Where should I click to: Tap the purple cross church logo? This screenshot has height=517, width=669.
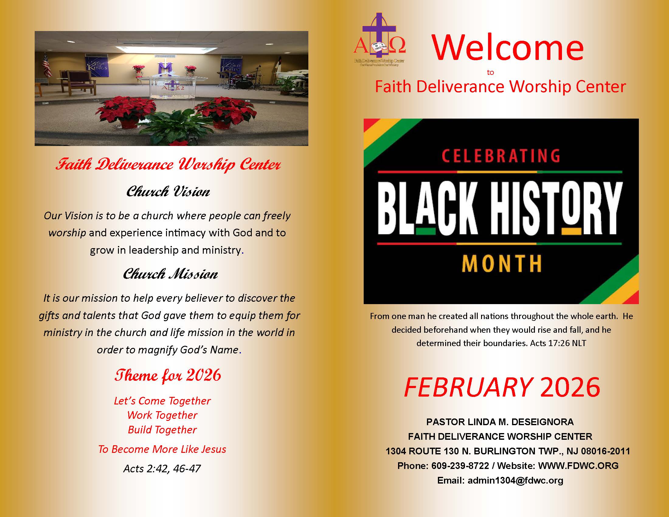coord(379,38)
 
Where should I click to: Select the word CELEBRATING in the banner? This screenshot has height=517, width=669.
coord(501,156)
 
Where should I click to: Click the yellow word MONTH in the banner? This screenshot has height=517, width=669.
coord(501,264)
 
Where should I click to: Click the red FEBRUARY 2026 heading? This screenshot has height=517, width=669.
coord(502,387)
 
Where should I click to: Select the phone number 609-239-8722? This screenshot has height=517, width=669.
coord(460,466)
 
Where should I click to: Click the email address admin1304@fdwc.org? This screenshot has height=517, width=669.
coord(515,480)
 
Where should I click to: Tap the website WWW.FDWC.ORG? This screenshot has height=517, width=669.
coord(578,466)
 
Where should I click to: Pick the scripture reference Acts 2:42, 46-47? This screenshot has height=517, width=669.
coord(162,469)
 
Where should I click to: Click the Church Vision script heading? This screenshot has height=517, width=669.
coord(168,192)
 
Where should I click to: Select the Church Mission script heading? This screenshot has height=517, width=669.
coord(170,274)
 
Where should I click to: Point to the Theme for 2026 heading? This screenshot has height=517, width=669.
coord(168,376)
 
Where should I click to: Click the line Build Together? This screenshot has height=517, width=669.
coord(162,430)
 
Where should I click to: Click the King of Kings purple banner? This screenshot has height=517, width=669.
coord(96,66)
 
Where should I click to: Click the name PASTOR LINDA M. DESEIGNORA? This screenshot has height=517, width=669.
coord(500,422)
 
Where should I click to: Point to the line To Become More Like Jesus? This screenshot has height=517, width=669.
coord(162,449)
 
